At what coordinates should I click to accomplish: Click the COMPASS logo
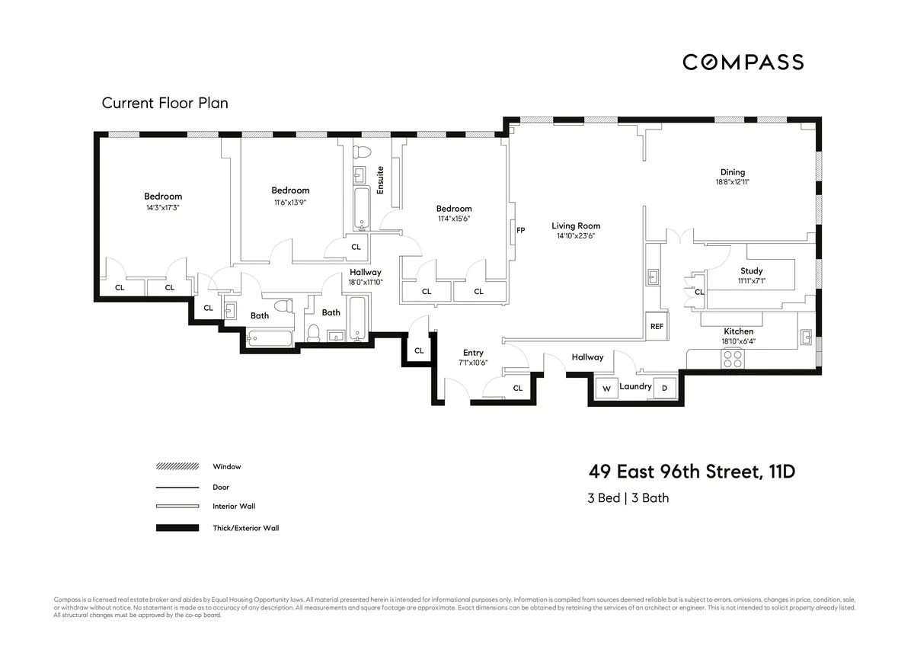[743, 62]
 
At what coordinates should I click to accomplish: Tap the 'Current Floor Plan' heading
[165, 103]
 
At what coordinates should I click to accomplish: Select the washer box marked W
[607, 389]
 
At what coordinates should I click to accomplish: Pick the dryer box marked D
[664, 389]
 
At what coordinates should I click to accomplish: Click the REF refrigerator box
[657, 325]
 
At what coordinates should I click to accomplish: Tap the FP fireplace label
[521, 230]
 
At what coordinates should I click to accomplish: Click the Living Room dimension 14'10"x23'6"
[575, 236]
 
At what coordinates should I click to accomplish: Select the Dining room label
[732, 172]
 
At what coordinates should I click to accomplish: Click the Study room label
[751, 271]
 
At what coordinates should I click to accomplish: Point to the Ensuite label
[380, 181]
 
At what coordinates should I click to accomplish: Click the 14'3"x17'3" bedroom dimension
[163, 207]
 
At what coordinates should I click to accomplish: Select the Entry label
[473, 353]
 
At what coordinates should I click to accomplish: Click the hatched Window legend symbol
[177, 466]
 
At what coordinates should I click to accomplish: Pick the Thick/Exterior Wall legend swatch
[177, 527]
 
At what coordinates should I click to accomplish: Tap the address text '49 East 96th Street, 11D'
[691, 472]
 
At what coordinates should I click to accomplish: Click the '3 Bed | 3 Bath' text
[628, 498]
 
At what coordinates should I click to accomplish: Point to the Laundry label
[635, 387]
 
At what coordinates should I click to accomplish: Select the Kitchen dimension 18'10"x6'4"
[738, 341]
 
